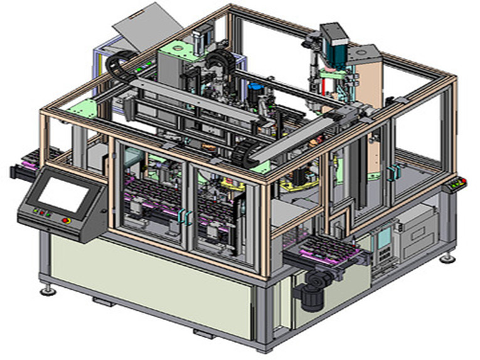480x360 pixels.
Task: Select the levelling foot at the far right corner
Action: tap(446, 257)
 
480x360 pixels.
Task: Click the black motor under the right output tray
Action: tap(310, 295)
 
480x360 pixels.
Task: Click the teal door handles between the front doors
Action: tap(185, 216)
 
